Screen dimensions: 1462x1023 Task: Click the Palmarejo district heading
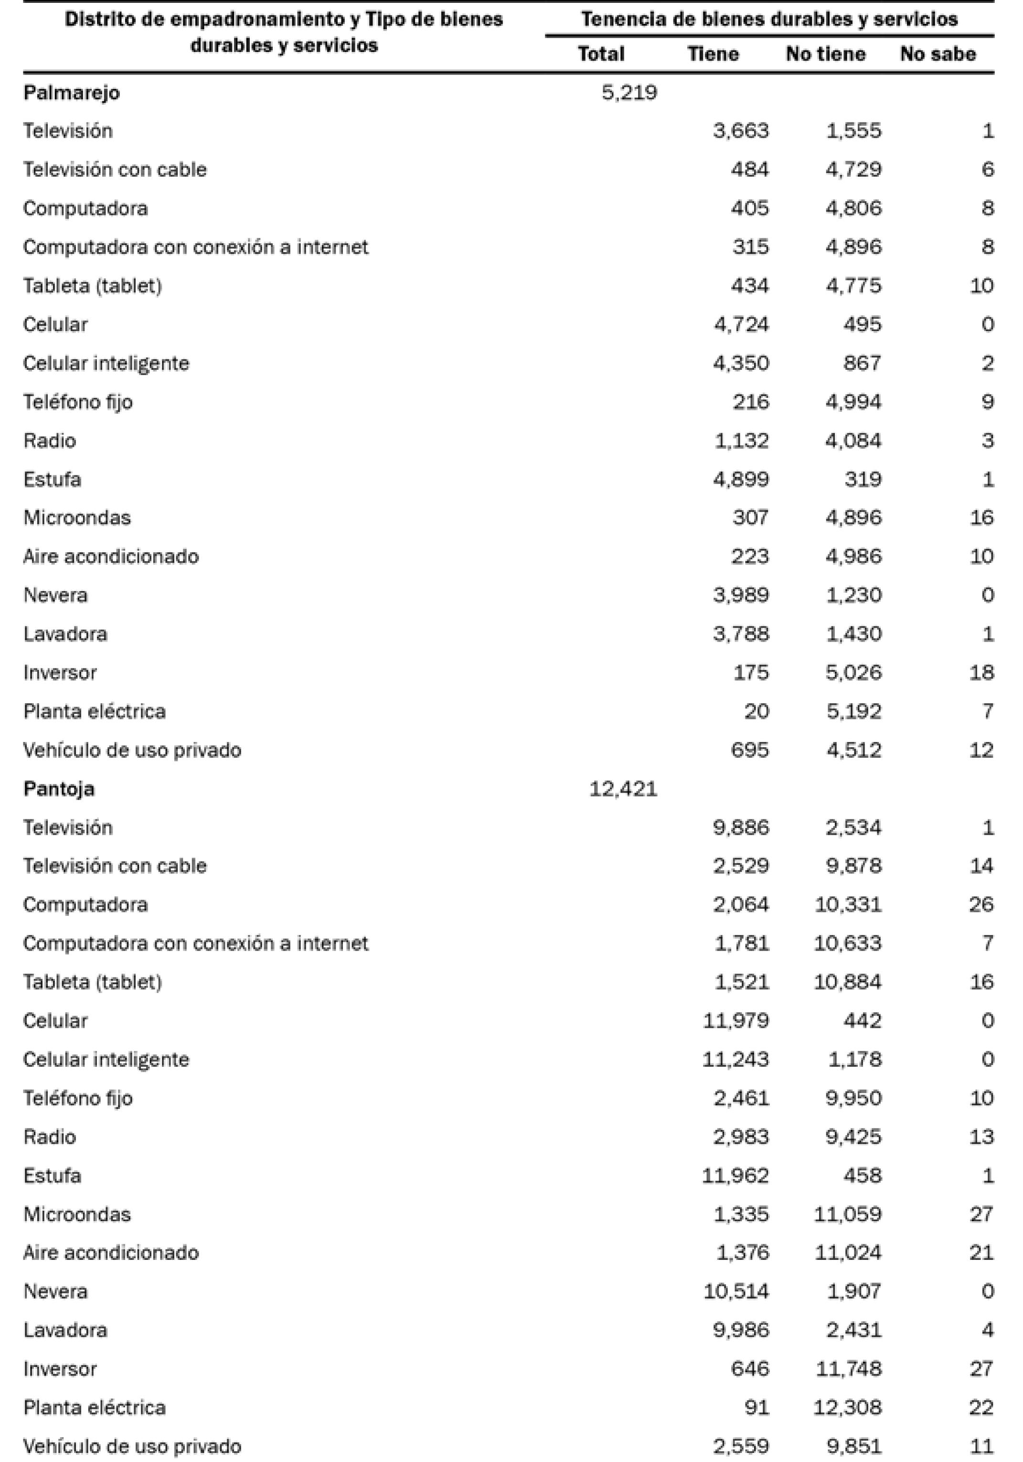coord(71,93)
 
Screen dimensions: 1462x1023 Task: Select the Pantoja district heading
coord(59,789)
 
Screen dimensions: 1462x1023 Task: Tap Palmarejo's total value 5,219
coord(629,93)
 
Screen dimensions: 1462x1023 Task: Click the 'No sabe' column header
coord(937,54)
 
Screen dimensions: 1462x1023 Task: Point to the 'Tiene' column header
coord(713,54)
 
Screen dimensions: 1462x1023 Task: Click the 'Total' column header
coord(600,54)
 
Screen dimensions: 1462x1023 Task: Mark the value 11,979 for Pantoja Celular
coord(735,1021)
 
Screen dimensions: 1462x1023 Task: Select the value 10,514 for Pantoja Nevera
coord(735,1291)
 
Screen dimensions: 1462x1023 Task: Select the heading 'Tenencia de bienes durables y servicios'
coord(768,19)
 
